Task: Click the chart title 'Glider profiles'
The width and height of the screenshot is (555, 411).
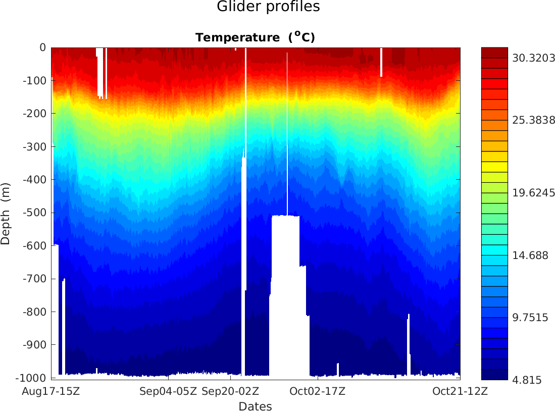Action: pyautogui.click(x=268, y=7)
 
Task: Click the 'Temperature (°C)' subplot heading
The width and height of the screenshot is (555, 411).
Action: pyautogui.click(x=255, y=37)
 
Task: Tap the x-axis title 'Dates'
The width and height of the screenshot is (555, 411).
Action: pyautogui.click(x=255, y=406)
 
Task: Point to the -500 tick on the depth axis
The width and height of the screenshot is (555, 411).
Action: pyautogui.click(x=35, y=213)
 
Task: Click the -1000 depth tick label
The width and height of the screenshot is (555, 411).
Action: pyautogui.click(x=32, y=378)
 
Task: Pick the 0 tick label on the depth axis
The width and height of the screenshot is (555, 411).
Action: pyautogui.click(x=42, y=47)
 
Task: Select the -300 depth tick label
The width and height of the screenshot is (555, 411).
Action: pyautogui.click(x=35, y=146)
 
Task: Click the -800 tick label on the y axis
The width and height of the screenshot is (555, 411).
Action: pyautogui.click(x=35, y=312)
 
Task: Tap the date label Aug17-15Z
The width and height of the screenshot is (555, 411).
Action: pyautogui.click(x=52, y=391)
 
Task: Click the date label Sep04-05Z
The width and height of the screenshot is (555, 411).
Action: pyautogui.click(x=168, y=391)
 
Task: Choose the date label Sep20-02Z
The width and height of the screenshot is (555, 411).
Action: pyautogui.click(x=230, y=391)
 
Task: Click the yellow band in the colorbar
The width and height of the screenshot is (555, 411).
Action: pyautogui.click(x=494, y=167)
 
